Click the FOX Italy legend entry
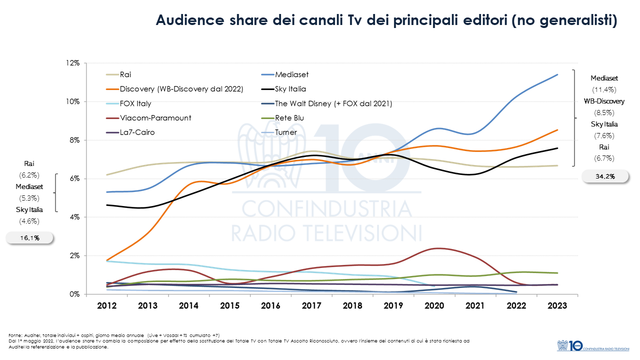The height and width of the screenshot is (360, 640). tap(135, 103)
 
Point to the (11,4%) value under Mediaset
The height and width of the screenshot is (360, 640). tap(604, 90)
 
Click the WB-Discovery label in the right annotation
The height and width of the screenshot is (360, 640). tap(604, 101)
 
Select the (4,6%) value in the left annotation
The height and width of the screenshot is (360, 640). tap(28, 221)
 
